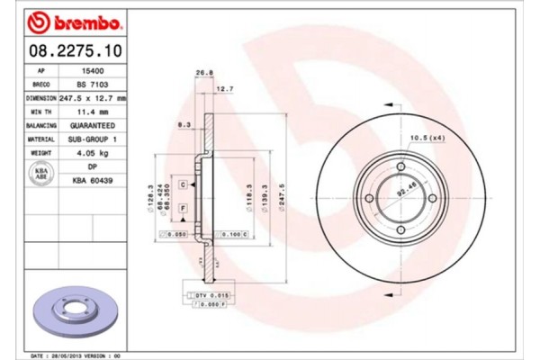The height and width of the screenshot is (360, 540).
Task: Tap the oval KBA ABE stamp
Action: click(x=40, y=174)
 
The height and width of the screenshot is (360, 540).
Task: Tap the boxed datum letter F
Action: click(x=183, y=209)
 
